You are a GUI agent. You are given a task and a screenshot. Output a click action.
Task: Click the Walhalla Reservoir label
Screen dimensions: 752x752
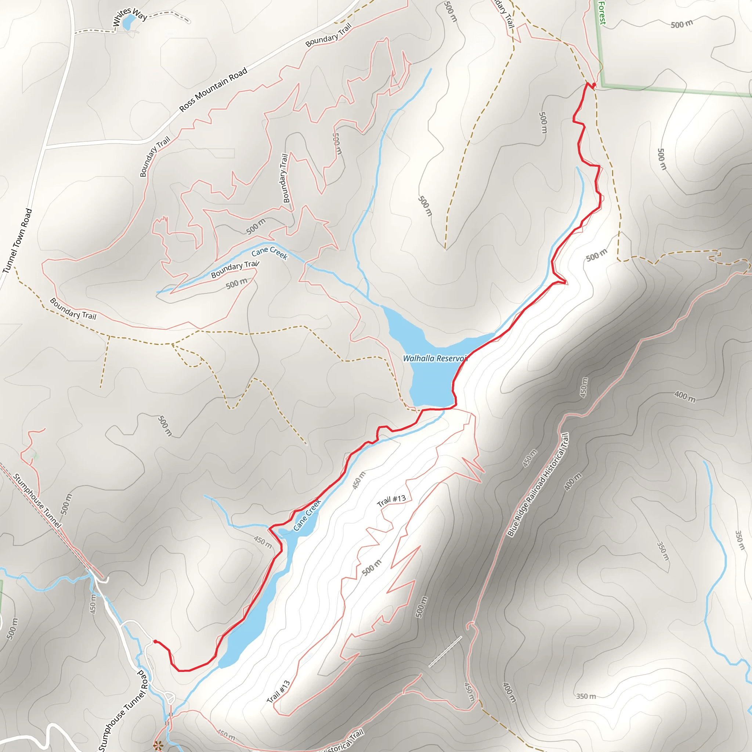(x=435, y=358)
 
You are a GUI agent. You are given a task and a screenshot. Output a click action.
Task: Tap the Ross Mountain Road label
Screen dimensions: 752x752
(x=213, y=90)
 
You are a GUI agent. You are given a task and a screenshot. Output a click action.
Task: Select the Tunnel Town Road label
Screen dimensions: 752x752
(x=17, y=241)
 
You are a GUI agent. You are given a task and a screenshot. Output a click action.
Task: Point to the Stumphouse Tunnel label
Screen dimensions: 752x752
(x=37, y=500)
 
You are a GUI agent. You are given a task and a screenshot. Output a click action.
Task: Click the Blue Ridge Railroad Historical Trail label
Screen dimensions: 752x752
(x=538, y=485)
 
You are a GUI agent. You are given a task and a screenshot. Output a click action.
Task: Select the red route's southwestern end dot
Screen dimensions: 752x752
(x=155, y=641)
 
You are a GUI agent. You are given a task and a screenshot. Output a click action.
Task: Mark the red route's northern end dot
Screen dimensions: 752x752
(x=594, y=84)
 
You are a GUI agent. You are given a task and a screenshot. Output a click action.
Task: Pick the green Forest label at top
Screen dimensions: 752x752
(x=602, y=13)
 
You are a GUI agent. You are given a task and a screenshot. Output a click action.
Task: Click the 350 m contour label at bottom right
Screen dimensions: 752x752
(x=586, y=696)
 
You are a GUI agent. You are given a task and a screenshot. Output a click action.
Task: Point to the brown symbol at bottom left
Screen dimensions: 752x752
(x=158, y=745)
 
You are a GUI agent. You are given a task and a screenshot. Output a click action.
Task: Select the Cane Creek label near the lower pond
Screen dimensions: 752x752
(x=307, y=514)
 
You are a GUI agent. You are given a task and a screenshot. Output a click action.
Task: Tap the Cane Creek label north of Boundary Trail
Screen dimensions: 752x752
(x=270, y=253)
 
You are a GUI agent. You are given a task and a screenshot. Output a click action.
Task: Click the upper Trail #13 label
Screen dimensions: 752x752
(x=391, y=500)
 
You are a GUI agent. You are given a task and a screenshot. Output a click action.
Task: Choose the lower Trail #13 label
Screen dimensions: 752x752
(x=278, y=692)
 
